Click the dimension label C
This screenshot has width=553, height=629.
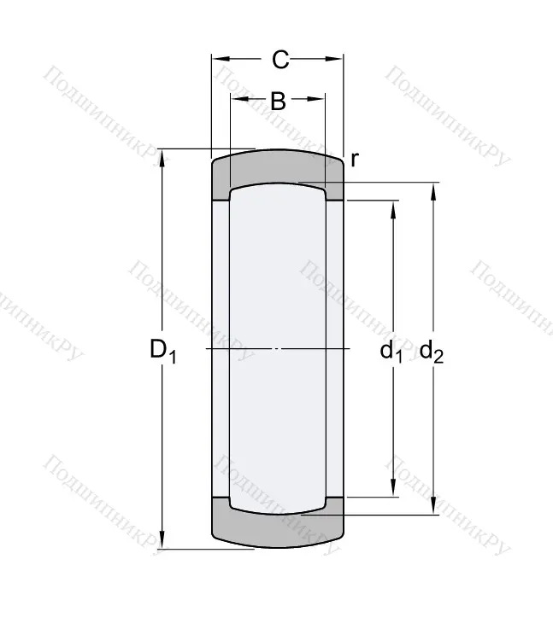pos(279,60)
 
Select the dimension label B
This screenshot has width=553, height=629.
pos(278,101)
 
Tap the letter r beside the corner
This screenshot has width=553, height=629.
pos(354,160)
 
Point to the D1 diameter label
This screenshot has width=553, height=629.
pos(162,350)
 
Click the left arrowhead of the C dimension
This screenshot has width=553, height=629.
pos(219,60)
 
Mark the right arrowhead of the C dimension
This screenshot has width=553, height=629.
pos(337,60)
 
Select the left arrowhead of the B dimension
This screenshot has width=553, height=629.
pos(236,101)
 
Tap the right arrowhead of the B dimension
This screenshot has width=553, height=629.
pos(319,101)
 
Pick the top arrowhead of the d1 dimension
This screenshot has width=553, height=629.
pos(393,207)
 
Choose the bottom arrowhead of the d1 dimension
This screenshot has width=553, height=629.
pos(393,490)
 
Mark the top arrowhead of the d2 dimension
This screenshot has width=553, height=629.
pos(433,190)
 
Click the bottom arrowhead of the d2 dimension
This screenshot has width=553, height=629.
pos(433,508)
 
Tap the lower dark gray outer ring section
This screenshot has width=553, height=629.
pos(278,529)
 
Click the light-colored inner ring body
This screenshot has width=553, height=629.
pos(278,350)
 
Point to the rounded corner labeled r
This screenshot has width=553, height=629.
pos(340,163)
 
